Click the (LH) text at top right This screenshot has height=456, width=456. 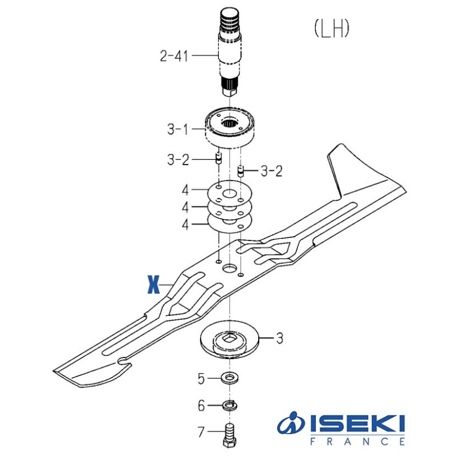[x=331, y=28]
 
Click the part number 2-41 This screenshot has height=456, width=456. [x=174, y=56]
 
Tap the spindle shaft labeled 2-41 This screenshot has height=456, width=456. [x=230, y=52]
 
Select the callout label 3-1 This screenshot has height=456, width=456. [x=178, y=129]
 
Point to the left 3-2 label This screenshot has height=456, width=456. [x=178, y=160]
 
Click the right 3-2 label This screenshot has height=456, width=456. [x=272, y=170]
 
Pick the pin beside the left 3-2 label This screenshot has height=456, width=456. [x=218, y=158]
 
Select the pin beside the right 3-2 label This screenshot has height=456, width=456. [x=241, y=170]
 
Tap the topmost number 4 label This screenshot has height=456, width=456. [x=185, y=190]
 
